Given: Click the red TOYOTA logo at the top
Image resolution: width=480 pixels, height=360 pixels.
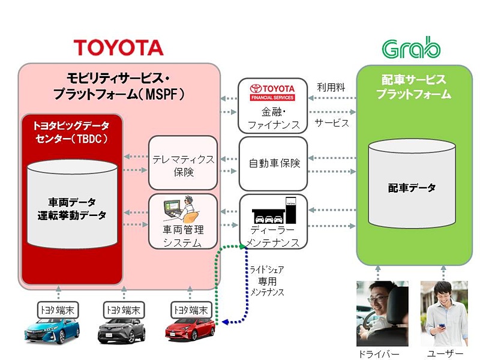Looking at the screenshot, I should click(118, 47).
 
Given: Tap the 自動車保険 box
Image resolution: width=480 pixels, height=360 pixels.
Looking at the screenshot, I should click(273, 163).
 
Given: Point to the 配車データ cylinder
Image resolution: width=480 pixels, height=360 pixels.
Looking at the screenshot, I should click(411, 187).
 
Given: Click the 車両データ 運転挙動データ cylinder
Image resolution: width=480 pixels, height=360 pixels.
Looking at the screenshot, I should click(71, 207).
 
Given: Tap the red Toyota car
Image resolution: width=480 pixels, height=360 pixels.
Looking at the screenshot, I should click(190, 329).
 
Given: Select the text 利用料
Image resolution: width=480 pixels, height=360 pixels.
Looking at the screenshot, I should click(331, 87).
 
